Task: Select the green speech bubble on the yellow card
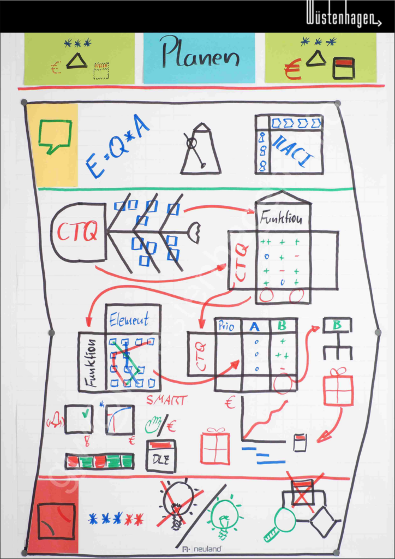point(55,136)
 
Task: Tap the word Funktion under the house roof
point(282,218)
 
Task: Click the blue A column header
point(254,326)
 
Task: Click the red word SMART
point(166,401)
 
